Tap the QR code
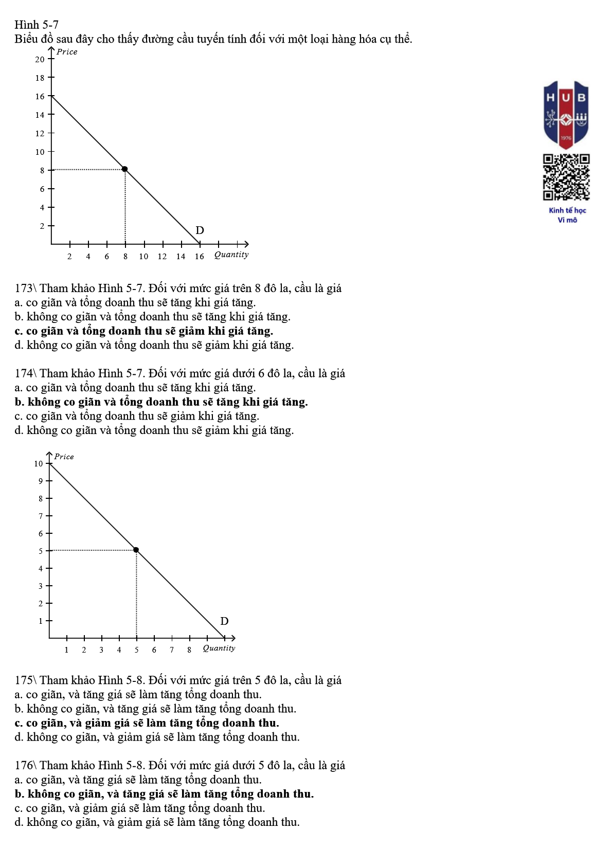pos(566,177)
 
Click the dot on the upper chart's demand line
pos(124,169)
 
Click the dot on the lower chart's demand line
pos(136,550)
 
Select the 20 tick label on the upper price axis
pos(40,60)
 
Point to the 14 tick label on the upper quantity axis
pos(181,257)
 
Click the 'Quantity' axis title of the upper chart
pos(231,255)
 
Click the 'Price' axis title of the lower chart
pos(64,457)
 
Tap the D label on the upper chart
pos(200,230)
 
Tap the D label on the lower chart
pos(224,621)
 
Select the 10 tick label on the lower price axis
pos(39,464)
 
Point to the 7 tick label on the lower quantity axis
pos(172,650)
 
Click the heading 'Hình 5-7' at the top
pos(37,25)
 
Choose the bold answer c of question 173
pos(144,331)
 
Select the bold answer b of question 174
pos(161,402)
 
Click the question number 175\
pos(26,680)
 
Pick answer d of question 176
pos(157,822)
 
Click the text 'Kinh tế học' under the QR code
pos(567,210)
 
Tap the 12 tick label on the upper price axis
pos(40,134)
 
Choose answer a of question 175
pos(138,695)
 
